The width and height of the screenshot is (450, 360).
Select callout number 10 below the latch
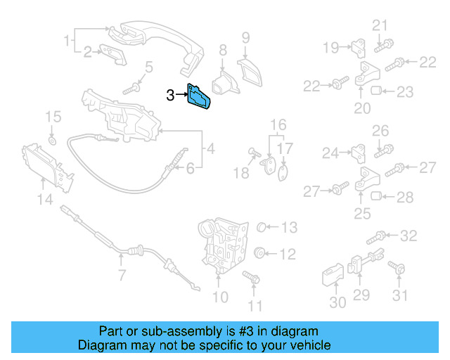click(x=220, y=297)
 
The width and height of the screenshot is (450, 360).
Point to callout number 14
click(x=45, y=200)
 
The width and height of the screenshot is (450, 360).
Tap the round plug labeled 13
click(x=261, y=227)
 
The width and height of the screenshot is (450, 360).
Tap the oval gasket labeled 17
click(x=283, y=172)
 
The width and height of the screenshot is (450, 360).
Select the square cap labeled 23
click(x=376, y=91)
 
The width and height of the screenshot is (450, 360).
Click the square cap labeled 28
click(x=376, y=196)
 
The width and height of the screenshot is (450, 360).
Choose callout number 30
click(x=338, y=302)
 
